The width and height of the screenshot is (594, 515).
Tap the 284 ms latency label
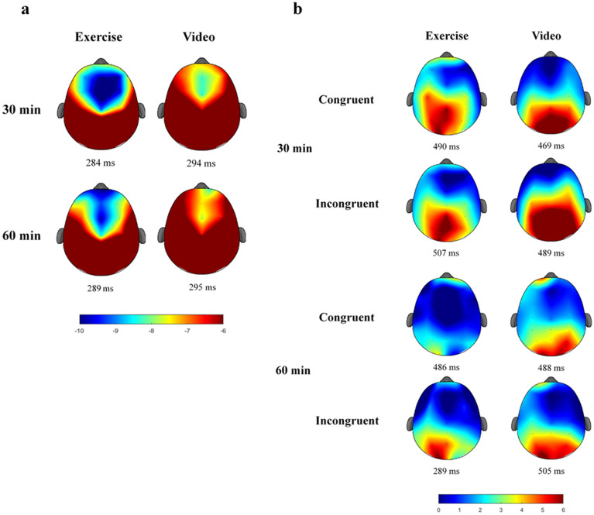pyautogui.click(x=104, y=163)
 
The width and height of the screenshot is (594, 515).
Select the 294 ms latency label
pyautogui.click(x=199, y=163)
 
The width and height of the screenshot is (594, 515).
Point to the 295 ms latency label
pyautogui.click(x=199, y=287)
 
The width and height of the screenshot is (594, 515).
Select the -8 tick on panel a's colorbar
pyautogui.click(x=152, y=328)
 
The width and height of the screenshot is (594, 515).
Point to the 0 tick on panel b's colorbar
pyautogui.click(x=440, y=510)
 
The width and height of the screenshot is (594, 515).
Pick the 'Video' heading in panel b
pyautogui.click(x=547, y=36)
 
